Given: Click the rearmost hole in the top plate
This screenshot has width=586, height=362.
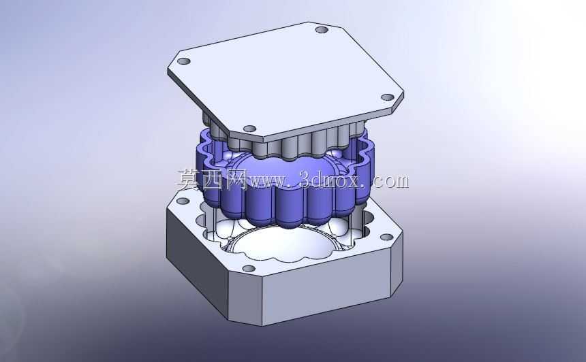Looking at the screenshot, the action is pos(322,29).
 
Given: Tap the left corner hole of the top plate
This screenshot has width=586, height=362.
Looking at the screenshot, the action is pos(183,61).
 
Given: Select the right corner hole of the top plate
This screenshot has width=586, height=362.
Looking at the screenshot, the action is pos(388,97).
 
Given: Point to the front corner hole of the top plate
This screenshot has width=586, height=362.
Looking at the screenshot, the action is pos(249,129).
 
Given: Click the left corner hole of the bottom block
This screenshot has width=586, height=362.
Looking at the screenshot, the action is pos(183,201).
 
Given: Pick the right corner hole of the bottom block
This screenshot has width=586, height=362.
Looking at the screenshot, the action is pos(386,237).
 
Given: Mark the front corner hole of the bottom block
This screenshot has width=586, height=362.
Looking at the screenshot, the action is pos(249,268).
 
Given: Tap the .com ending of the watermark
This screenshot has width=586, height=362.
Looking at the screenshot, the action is pos(388,182).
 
